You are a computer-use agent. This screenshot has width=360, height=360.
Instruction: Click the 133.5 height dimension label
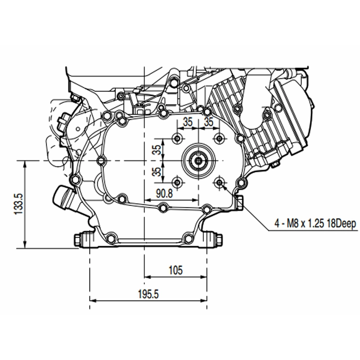tap(19, 204)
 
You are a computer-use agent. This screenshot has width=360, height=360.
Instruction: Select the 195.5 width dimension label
tap(148, 294)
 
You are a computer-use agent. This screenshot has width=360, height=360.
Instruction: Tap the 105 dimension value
tap(175, 270)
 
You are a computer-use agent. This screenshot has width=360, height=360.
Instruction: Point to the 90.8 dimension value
tap(164, 193)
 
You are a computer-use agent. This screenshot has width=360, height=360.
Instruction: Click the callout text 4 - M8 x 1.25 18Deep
tap(315, 223)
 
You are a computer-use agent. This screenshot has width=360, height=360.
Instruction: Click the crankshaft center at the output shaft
tap(198, 161)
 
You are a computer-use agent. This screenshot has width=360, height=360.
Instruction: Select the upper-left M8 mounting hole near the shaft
tap(177, 139)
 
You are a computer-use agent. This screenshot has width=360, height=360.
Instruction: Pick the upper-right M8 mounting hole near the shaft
tap(220, 139)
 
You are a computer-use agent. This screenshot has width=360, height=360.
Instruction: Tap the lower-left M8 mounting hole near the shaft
tap(177, 183)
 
